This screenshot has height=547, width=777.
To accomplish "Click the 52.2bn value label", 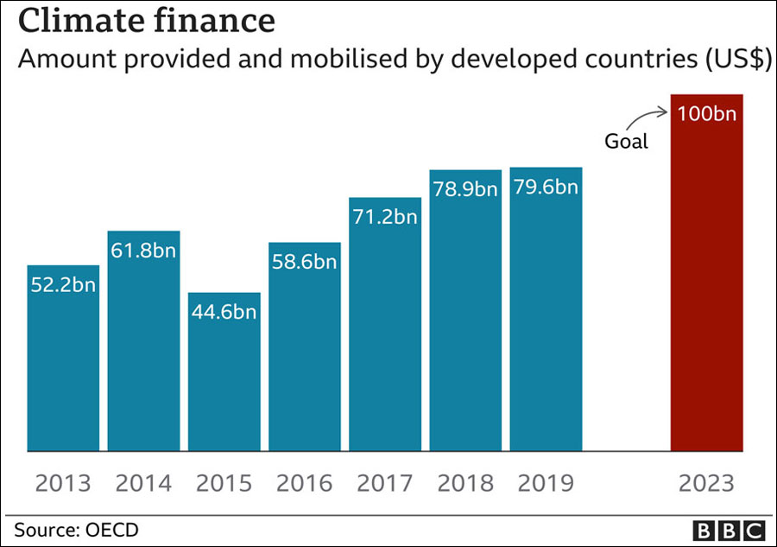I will pos(63,286).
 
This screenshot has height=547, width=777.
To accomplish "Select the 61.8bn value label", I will pos(144,251).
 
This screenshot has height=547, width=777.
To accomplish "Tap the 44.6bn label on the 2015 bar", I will pos(224,312).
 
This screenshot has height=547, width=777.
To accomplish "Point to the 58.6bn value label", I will pos(304,262).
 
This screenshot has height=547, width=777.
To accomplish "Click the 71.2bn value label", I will pos(385,217).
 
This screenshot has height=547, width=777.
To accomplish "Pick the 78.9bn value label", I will pos(465,189).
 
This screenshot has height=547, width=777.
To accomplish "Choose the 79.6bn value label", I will pos(546,187).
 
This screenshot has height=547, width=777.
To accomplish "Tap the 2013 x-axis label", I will pos(63,482).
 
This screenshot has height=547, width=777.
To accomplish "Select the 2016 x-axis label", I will pos(304,482).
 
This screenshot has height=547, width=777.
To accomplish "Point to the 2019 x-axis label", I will pos(546,482).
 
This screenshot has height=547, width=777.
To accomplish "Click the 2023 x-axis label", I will pos(707,482).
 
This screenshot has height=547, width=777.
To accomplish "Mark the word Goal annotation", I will pos(627,141).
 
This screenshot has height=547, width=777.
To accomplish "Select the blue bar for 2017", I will pos(385,346).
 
